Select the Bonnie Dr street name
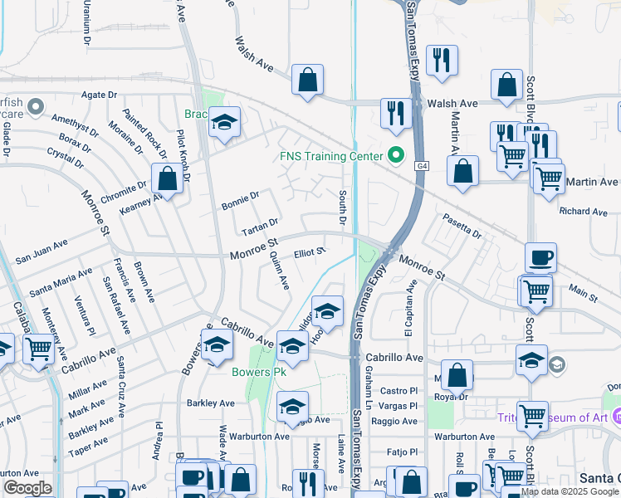click(x=241, y=200)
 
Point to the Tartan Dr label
click(x=259, y=225)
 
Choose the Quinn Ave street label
click(x=278, y=272)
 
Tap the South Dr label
click(x=342, y=207)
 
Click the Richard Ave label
click(x=584, y=212)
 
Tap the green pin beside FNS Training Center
click(x=395, y=155)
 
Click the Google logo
click(x=27, y=487)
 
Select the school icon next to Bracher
click(x=223, y=123)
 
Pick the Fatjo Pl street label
click(x=404, y=452)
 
